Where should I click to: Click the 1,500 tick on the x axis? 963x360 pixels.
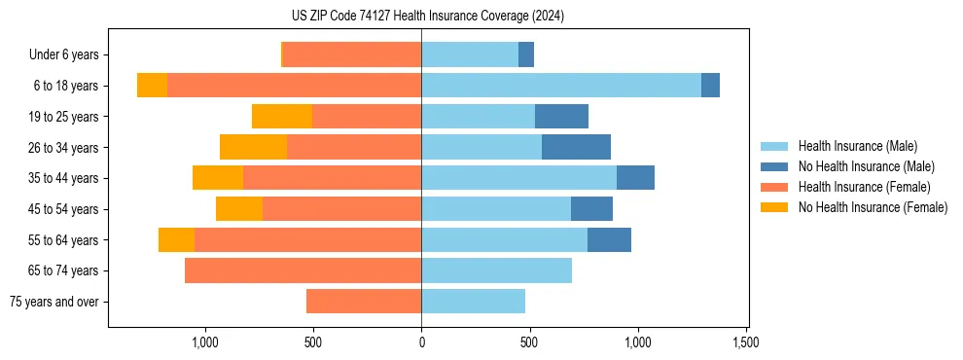point(746,343)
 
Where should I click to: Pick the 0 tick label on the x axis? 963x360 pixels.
point(421,343)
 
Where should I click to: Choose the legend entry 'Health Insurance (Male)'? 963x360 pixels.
point(857,146)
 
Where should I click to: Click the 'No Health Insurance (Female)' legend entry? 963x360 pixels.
point(873,207)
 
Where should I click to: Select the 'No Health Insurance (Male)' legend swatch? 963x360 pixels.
point(774,166)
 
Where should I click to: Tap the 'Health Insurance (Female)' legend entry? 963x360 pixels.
point(864,187)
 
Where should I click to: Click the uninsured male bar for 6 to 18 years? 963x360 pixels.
point(710,86)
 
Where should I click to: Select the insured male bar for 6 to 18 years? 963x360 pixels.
point(561,86)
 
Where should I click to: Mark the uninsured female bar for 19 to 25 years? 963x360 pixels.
point(282,117)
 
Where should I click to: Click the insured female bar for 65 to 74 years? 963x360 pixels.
point(303,270)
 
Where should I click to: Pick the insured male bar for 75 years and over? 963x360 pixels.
point(473,302)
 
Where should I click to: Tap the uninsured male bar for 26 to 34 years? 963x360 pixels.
point(576,147)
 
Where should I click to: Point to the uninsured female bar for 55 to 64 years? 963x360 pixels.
point(176,239)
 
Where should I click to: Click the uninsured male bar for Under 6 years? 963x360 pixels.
point(526,55)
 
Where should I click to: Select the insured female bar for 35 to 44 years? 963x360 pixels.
point(332,178)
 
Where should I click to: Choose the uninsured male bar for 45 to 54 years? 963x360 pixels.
point(591,209)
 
